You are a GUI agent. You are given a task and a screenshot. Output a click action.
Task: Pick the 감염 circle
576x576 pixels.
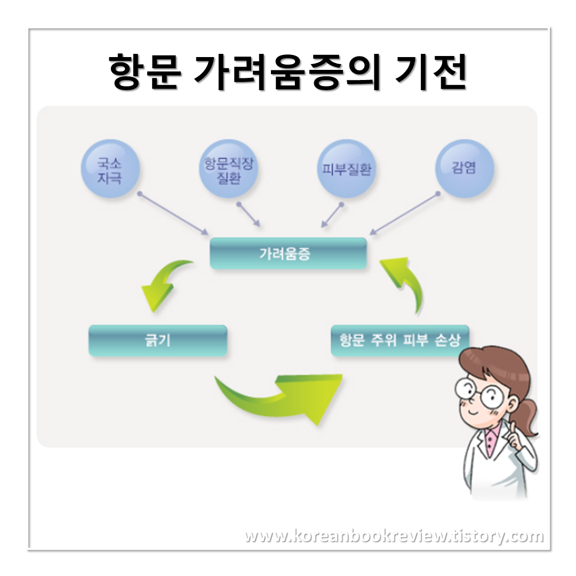pyautogui.click(x=464, y=168)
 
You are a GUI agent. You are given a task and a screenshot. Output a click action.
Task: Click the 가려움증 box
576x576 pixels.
pyautogui.click(x=288, y=253)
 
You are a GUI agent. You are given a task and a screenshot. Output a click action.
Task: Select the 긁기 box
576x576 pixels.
pyautogui.click(x=158, y=340)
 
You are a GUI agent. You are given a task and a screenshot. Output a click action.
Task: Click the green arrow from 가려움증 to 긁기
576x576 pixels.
pyautogui.click(x=163, y=285)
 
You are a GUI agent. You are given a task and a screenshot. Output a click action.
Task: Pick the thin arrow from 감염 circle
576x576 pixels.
pyautogui.click(x=404, y=213)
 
